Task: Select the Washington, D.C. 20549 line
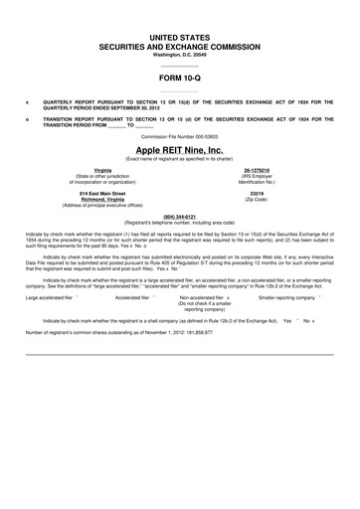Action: pyautogui.click(x=180, y=54)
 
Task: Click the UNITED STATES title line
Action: pyautogui.click(x=180, y=36)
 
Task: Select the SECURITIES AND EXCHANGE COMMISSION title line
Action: pyautogui.click(x=180, y=46)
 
